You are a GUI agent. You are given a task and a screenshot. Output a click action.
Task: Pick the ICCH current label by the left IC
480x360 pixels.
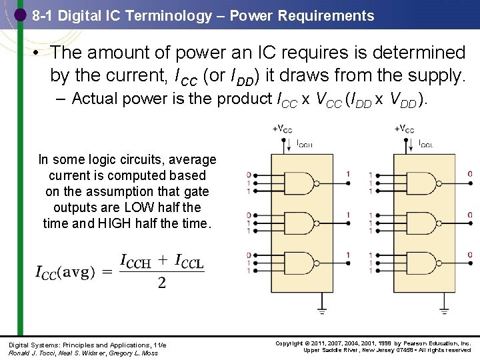(304, 143)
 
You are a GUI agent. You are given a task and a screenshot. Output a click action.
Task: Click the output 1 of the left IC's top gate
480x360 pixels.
(347, 174)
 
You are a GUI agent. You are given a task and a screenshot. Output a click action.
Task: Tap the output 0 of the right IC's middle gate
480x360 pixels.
(470, 215)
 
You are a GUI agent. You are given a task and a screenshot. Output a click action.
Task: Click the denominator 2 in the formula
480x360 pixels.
(161, 283)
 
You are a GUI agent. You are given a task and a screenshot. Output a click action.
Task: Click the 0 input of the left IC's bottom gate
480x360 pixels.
(249, 255)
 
